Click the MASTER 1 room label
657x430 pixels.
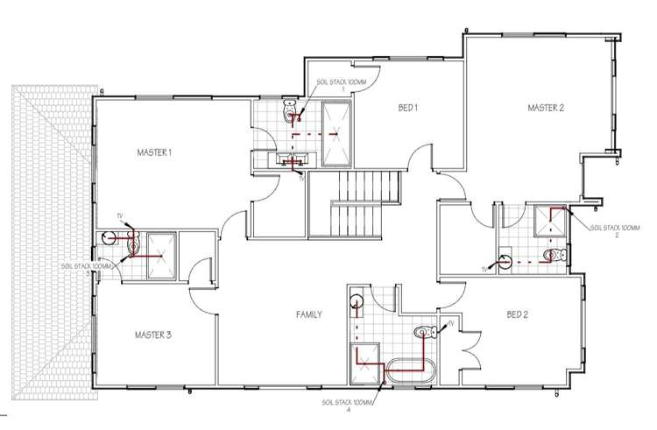[x=154, y=152]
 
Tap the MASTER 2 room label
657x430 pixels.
[x=545, y=108]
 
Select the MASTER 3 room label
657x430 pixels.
[x=153, y=335]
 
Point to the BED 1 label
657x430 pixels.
[x=407, y=108]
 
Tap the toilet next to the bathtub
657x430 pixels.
[x=425, y=331]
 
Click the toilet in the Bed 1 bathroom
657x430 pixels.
[x=291, y=112]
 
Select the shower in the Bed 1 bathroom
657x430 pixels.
[x=336, y=133]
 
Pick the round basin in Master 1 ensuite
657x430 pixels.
[x=109, y=237]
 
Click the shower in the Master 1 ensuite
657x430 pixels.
[x=160, y=252]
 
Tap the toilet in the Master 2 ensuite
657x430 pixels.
[x=555, y=256]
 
